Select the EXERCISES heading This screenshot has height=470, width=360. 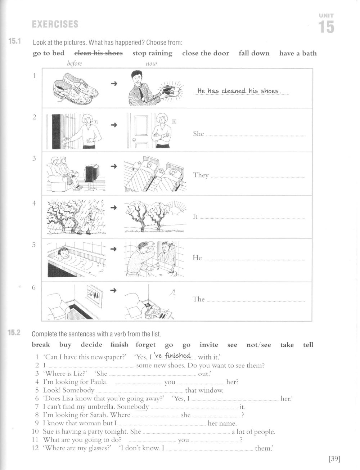[55, 24]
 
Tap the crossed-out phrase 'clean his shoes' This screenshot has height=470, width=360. [98, 53]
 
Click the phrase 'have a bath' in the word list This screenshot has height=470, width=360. [298, 53]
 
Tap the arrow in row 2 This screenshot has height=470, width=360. [114, 125]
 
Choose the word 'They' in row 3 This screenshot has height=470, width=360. [201, 175]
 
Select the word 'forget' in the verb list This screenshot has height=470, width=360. [146, 345]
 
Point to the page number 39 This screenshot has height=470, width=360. [334, 459]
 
